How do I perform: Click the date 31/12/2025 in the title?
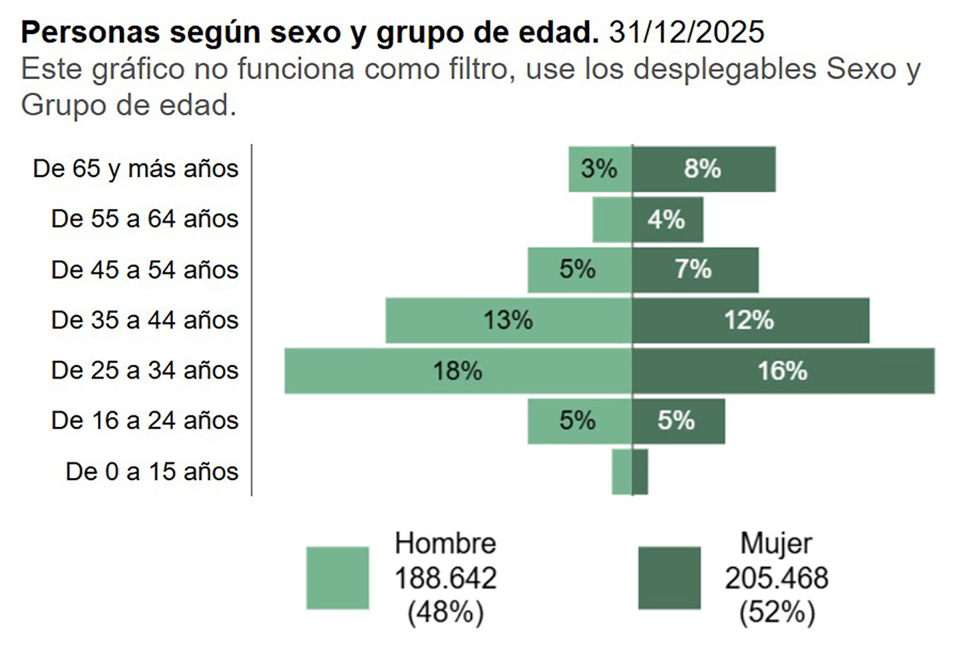[x=686, y=32]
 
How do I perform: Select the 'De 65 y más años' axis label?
[x=136, y=169]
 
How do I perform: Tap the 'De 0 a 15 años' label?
[x=152, y=471]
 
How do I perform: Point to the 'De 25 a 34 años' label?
[x=144, y=370]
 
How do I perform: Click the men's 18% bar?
[x=458, y=371]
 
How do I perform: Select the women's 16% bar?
[x=783, y=371]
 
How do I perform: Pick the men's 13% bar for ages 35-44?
[x=508, y=321]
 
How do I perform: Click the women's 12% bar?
[x=750, y=321]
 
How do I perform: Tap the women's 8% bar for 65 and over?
[x=703, y=169]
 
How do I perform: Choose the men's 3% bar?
[x=600, y=169]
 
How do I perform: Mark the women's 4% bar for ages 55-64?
[x=668, y=219]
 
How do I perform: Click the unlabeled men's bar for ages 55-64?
[x=612, y=219]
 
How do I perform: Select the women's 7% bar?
[x=695, y=270]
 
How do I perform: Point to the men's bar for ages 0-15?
[x=622, y=472]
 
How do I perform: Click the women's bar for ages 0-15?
[x=640, y=472]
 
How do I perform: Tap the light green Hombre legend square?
[x=337, y=578]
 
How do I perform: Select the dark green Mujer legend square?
[x=669, y=578]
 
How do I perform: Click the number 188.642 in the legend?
[x=445, y=578]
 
